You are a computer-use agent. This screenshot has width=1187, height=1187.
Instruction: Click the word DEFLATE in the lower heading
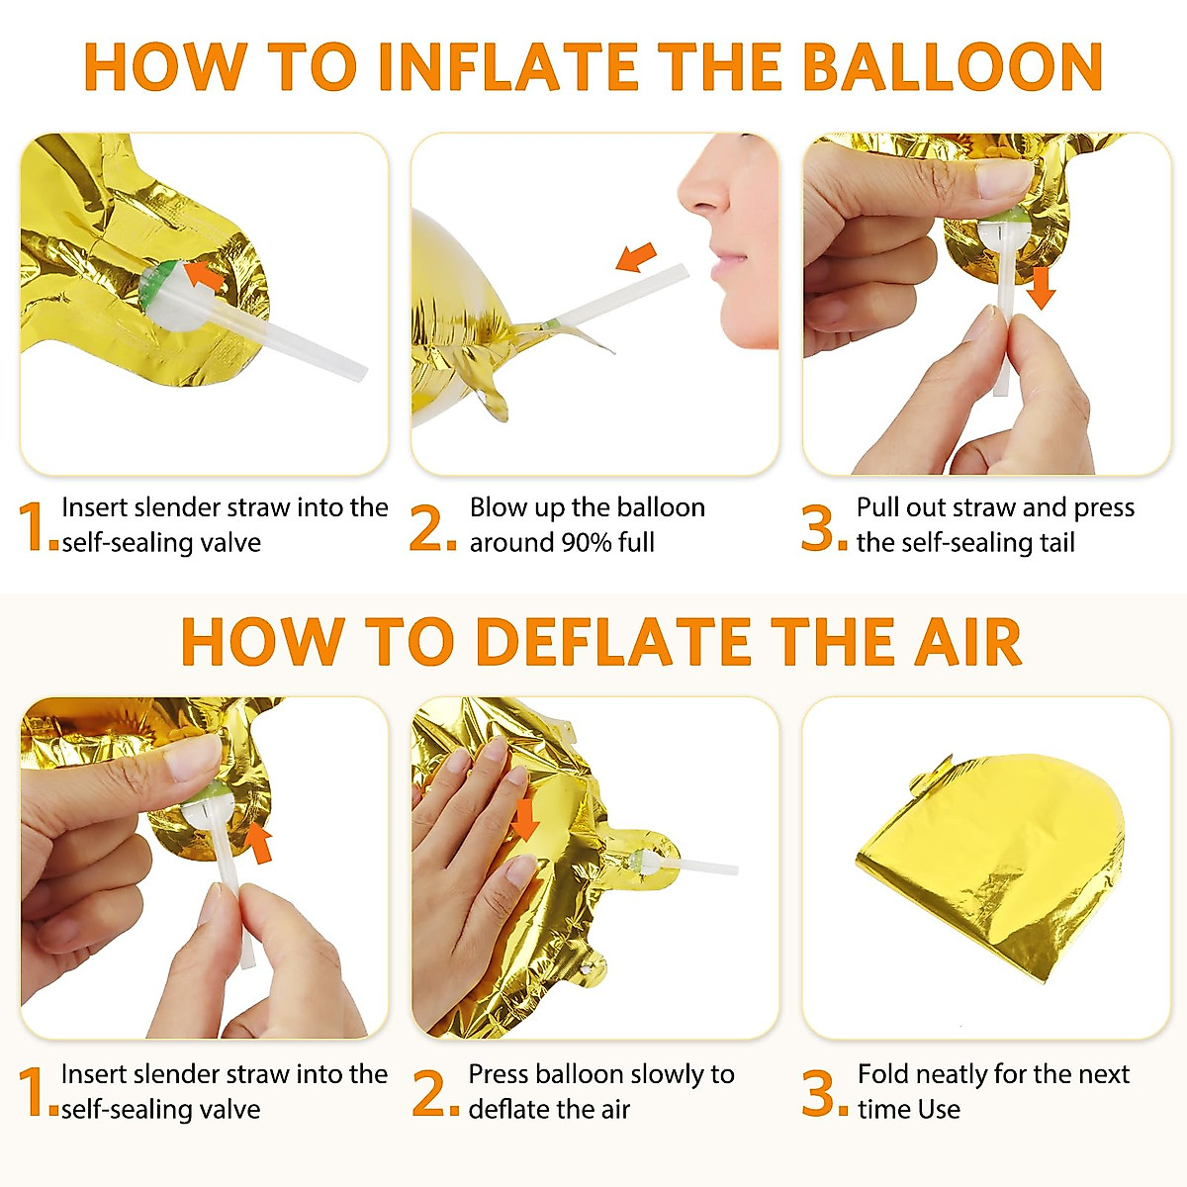point(615,642)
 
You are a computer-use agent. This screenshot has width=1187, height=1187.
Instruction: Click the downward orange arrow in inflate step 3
point(1041,287)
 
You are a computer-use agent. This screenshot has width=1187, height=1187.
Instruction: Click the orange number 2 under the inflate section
point(431,528)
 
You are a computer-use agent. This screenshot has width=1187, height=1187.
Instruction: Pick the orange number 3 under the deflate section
point(822,1094)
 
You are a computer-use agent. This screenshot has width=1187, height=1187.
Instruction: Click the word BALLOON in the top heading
point(952,67)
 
